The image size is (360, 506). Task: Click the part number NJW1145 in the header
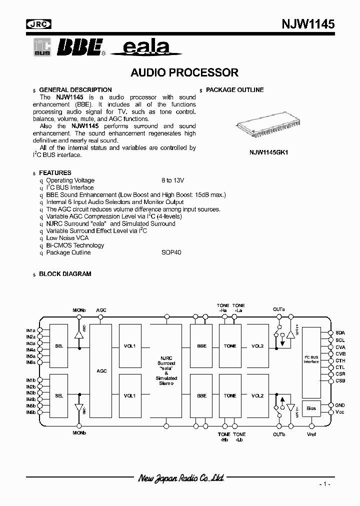point(308,24)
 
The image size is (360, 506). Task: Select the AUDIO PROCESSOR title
point(184,72)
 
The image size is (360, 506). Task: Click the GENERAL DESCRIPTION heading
point(75,90)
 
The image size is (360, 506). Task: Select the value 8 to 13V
point(173,180)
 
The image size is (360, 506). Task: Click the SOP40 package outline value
point(171,252)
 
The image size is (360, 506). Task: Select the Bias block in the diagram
point(311,408)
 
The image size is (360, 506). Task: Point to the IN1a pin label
point(31,331)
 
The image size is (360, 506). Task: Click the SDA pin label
point(340,332)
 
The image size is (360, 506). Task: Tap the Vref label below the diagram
point(311,434)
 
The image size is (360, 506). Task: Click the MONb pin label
point(79,432)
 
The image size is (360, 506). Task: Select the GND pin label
point(340,405)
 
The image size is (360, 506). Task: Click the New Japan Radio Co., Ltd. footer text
point(180,478)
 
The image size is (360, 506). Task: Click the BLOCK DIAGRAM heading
point(65,274)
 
